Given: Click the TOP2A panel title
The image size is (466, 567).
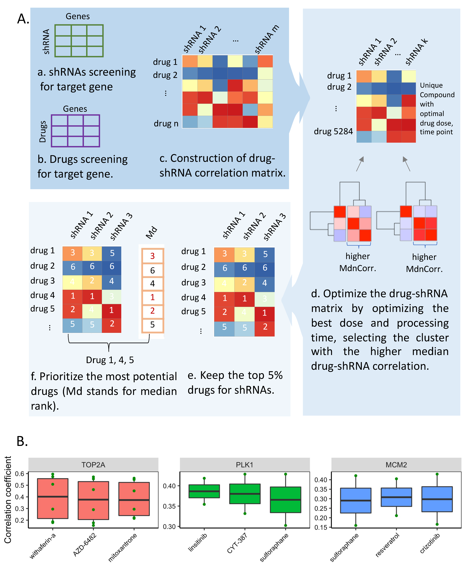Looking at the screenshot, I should click(93, 465).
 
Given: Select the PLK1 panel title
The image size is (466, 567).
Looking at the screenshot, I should click(244, 465).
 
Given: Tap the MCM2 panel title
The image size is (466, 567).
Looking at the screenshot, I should click(396, 465).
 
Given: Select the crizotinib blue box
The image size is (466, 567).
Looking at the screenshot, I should click(437, 499).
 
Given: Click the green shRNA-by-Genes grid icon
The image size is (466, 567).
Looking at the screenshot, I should click(79, 41).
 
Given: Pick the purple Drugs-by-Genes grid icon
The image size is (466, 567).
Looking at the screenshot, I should click(75, 131).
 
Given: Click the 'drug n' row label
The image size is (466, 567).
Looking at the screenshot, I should click(166, 124).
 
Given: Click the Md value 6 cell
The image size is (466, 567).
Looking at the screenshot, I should click(152, 270).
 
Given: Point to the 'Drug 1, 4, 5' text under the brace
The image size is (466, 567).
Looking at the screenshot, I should click(110, 360).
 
